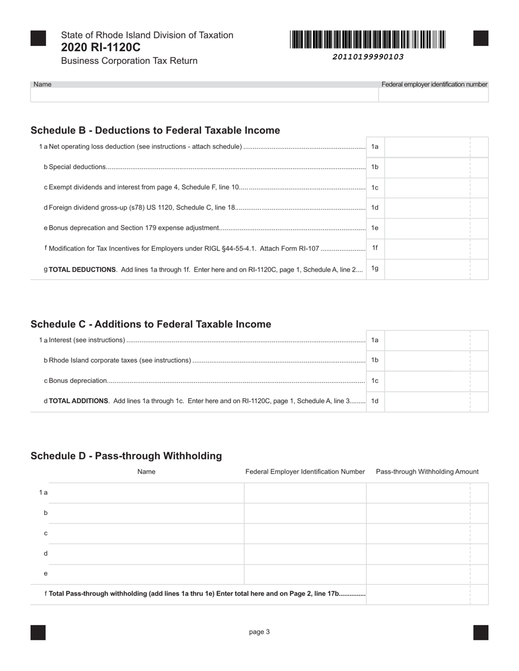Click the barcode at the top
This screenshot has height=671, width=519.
coord(368,40)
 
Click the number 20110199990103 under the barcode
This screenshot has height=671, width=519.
coord(368,57)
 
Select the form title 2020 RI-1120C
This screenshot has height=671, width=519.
coord(101,47)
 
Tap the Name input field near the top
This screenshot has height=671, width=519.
coord(204,95)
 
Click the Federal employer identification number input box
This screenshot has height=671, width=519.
coord(433,95)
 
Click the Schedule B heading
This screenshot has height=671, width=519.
coord(155,130)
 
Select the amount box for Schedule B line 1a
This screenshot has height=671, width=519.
coord(427,147)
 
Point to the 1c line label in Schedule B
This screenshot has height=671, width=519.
coord(375,188)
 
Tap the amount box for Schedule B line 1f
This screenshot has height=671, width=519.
coord(427,248)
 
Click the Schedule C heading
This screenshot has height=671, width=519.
coord(151,324)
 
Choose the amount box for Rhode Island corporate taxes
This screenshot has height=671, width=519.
coord(427,361)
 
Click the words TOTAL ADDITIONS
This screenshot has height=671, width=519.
coord(79,401)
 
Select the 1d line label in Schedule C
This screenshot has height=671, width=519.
coord(375,401)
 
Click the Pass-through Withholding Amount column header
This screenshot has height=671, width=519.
coord(427,472)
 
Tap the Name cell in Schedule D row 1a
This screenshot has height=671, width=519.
coord(146,493)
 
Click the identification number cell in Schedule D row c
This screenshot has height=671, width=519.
coord(305,534)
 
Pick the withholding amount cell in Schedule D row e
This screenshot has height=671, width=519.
coord(418,574)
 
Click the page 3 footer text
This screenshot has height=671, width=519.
coord(259,632)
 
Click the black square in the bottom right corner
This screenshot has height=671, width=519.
coord(481,632)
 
